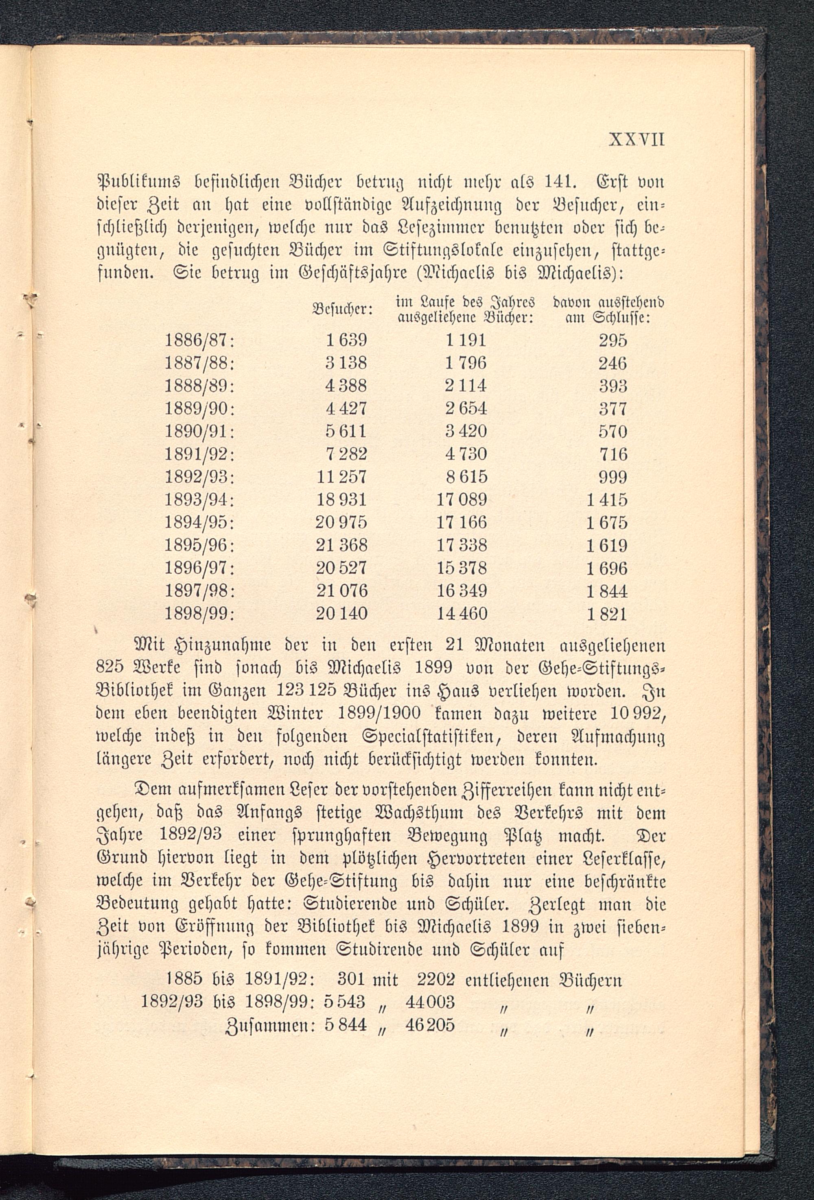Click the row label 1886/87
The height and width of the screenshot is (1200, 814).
[199, 340]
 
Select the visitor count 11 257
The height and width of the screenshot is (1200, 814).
[341, 477]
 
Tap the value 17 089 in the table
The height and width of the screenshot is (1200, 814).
[462, 500]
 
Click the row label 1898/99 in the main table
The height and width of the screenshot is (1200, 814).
[199, 614]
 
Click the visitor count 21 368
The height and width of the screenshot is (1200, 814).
[341, 546]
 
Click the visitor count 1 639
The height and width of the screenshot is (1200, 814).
[346, 340]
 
